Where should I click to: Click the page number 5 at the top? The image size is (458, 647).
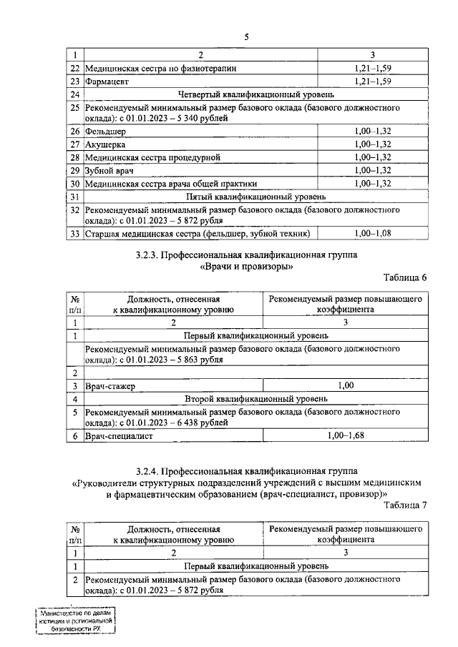[245, 37]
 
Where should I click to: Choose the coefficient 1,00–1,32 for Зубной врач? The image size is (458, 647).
[373, 170]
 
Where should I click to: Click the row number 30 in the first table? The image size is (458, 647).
[74, 183]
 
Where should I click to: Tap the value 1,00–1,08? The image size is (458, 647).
[373, 234]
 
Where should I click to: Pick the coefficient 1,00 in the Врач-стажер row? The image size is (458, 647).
[346, 386]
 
